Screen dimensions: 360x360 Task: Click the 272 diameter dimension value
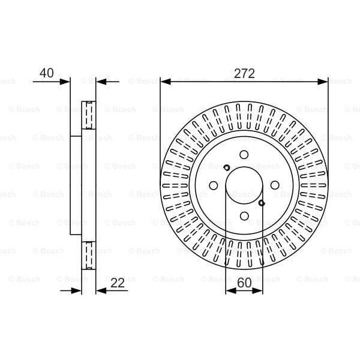(x=244, y=73)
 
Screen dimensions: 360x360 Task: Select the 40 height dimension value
(x=46, y=73)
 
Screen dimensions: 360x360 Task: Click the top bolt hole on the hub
(x=244, y=155)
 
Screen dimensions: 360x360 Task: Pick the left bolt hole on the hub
(x=214, y=185)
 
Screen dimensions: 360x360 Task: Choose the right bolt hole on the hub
(x=274, y=185)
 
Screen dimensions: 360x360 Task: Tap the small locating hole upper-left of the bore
(x=226, y=167)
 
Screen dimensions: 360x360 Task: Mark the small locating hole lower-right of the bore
(x=262, y=203)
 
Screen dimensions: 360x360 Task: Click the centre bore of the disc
(x=244, y=185)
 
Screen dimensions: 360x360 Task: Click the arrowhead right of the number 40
(x=65, y=81)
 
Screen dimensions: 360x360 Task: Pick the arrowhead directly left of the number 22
(x=100, y=291)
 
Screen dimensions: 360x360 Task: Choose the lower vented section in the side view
(x=88, y=257)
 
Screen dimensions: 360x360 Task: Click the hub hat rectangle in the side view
(x=76, y=185)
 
